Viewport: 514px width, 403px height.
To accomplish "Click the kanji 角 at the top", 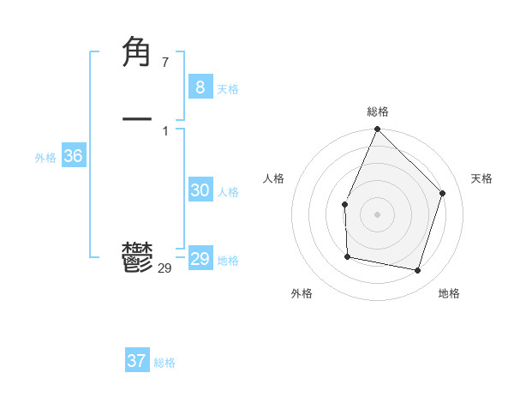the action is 138,53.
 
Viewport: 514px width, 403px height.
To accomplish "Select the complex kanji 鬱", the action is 138,257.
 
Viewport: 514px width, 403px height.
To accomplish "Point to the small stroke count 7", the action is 164,62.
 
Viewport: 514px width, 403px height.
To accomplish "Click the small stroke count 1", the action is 164,130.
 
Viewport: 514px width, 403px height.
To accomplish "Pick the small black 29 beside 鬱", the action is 164,268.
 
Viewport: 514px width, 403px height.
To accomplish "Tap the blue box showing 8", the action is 200,87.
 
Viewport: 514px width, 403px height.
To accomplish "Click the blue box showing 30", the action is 200,190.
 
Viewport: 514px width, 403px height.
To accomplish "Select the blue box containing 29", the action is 200,259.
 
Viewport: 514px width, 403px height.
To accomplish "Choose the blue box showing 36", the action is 73,156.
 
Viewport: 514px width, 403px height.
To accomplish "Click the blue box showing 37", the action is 136,361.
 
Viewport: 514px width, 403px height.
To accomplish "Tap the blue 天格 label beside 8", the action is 228,89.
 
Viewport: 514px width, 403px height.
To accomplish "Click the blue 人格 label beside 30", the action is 228,192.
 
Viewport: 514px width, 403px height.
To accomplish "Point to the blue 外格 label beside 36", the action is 45,158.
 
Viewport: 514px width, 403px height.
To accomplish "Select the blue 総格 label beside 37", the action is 164,363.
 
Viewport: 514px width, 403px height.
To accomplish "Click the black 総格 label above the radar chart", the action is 377,111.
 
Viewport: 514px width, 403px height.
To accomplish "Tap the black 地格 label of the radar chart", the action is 449,294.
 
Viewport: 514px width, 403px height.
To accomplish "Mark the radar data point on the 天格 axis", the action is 443,193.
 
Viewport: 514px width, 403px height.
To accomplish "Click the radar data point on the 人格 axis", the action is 344,204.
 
